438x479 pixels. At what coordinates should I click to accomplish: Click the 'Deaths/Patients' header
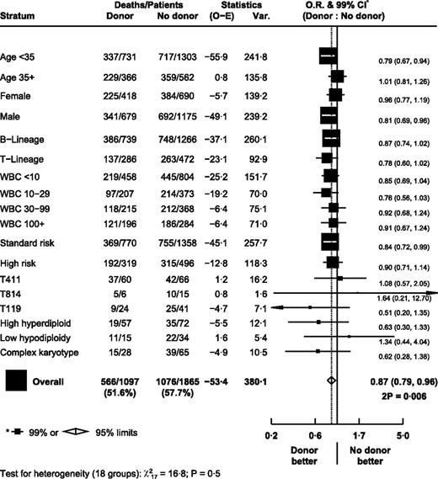(141, 7)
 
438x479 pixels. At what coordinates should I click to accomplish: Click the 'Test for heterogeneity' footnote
(110, 472)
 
